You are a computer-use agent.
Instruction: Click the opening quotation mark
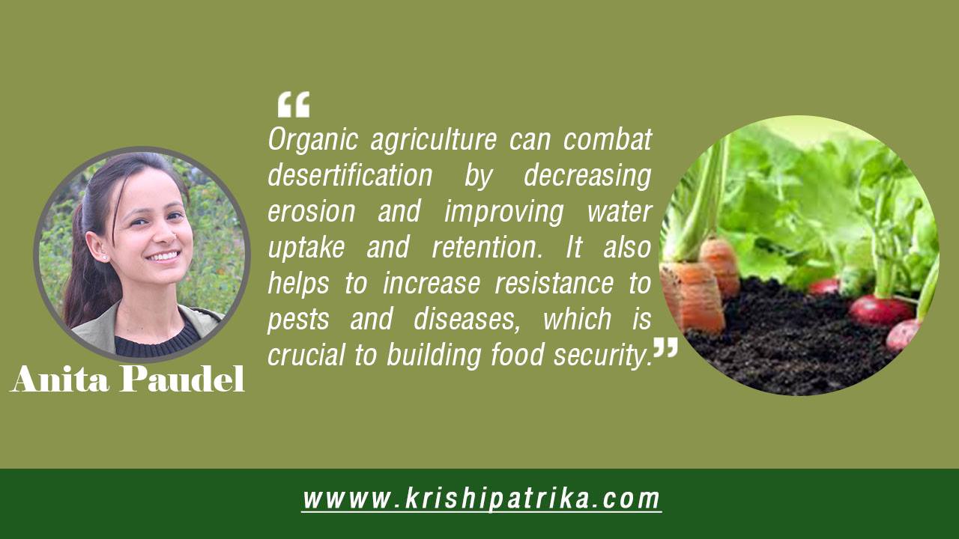(294, 104)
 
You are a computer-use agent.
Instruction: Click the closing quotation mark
(666, 347)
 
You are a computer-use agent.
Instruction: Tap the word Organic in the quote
(313, 140)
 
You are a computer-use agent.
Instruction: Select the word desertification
(350, 174)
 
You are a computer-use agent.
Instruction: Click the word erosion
(312, 211)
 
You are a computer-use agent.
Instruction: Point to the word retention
(487, 247)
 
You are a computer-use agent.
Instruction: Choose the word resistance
(554, 283)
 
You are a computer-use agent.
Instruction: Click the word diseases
(467, 320)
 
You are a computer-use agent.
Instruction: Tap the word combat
(607, 139)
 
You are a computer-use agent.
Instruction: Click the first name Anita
(59, 379)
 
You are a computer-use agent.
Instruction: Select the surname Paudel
(182, 379)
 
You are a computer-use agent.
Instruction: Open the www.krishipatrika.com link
(481, 499)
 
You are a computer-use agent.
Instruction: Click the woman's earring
(104, 258)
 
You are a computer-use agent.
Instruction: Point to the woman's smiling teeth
(163, 256)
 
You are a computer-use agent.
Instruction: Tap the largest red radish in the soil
(880, 310)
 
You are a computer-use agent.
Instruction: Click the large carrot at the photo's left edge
(693, 297)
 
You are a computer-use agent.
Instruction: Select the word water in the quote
(619, 211)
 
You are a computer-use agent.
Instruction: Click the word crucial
(306, 356)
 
